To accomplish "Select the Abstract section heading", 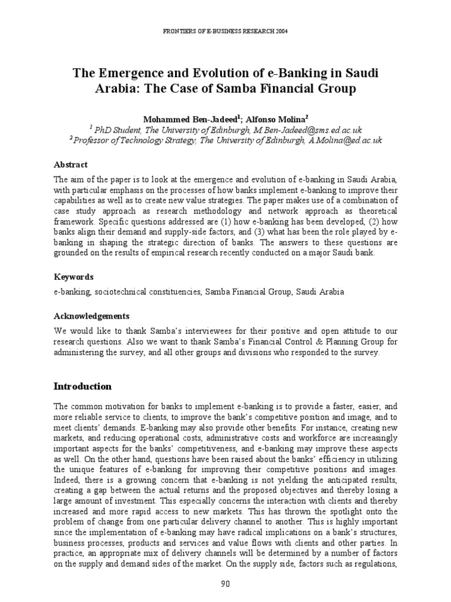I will [70, 165].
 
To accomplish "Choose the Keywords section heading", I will [73, 276].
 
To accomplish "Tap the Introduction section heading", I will [82, 386].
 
